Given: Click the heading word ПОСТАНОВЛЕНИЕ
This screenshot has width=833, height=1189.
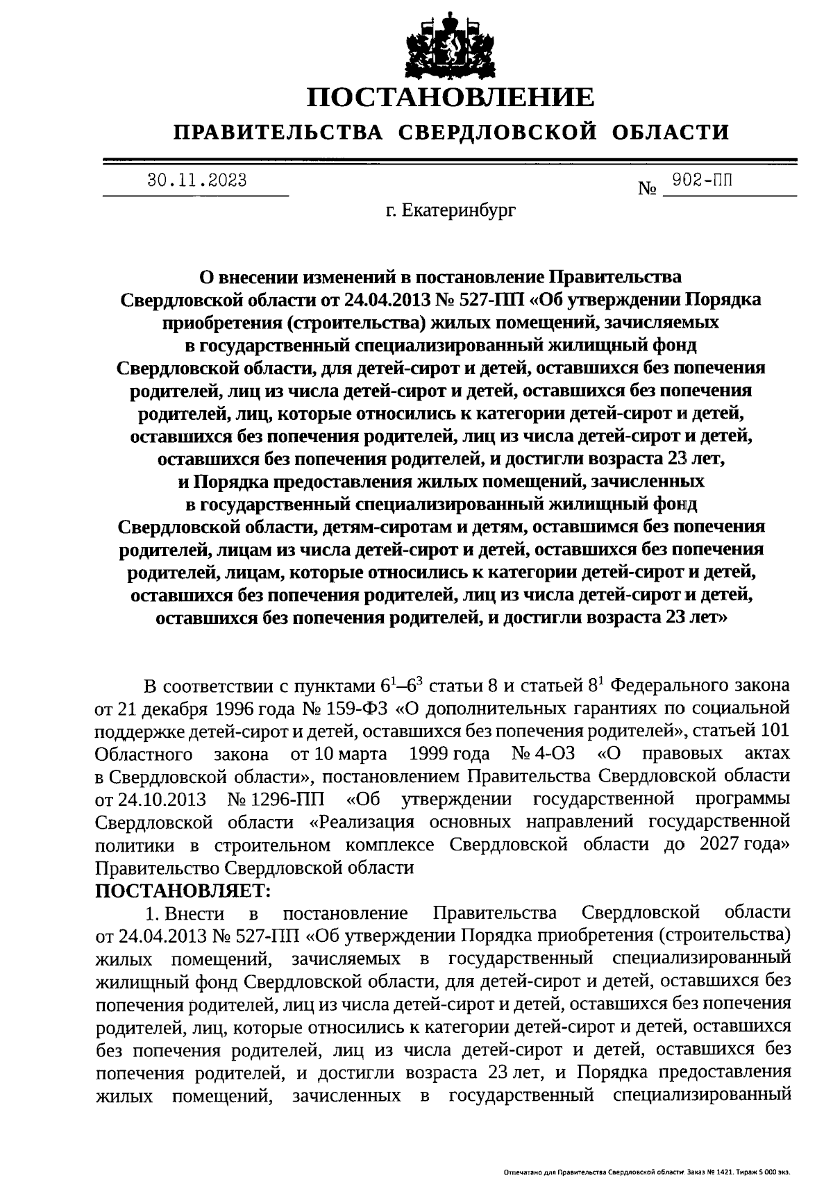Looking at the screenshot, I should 451,96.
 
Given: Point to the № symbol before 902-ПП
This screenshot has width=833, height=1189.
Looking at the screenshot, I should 647,189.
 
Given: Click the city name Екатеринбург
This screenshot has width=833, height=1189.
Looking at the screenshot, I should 462,209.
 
